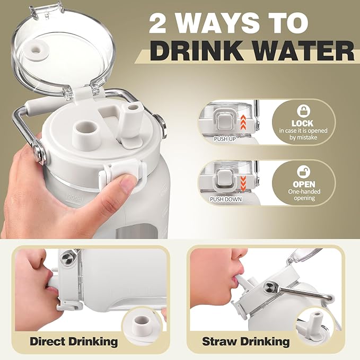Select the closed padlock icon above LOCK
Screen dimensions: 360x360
[x=303, y=111]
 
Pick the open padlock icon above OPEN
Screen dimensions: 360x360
[x=303, y=171]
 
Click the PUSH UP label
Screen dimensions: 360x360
[x=225, y=139]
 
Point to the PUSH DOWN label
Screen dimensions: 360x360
[x=226, y=199]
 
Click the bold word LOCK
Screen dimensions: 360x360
[x=302, y=124]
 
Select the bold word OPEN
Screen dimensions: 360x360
[x=304, y=184]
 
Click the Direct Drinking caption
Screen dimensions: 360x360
[x=74, y=341]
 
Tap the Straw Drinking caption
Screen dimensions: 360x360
[x=245, y=341]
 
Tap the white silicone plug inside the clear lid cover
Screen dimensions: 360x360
[x=37, y=49]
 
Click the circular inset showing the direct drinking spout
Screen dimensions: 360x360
[x=142, y=323]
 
